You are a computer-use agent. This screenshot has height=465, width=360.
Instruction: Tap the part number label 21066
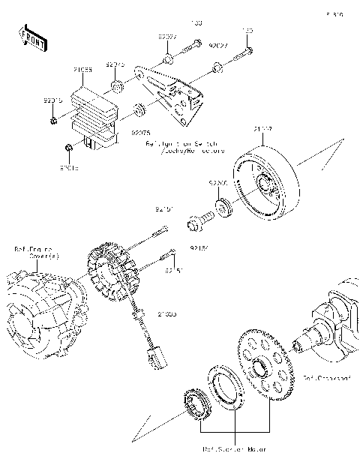click(x=82, y=70)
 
